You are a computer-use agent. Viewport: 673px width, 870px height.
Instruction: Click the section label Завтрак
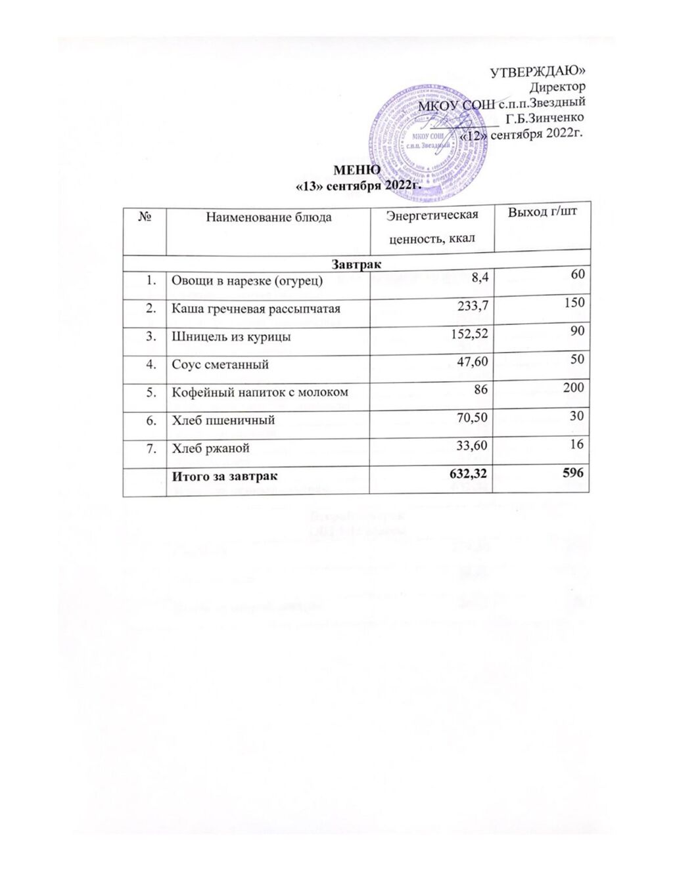(x=357, y=263)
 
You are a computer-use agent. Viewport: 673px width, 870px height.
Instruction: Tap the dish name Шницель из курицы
(x=231, y=337)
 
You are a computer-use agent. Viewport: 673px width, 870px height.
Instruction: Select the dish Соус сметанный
(x=220, y=364)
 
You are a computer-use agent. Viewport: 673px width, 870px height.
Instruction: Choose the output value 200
(x=574, y=389)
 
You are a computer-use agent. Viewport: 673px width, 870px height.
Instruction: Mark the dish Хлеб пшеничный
(x=223, y=420)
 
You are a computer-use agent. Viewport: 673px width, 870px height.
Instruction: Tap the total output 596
(x=574, y=473)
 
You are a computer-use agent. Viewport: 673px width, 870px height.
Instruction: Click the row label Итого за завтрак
(x=224, y=476)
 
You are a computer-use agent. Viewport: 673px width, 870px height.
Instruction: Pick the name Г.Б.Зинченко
(x=545, y=118)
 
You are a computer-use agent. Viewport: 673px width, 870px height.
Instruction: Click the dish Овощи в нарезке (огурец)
(x=247, y=281)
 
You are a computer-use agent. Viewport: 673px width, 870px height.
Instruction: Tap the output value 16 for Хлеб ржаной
(x=577, y=445)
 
